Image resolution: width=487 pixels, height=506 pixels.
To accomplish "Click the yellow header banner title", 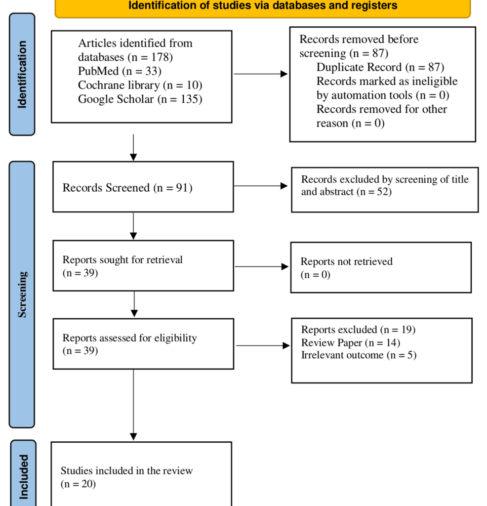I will (262, 6).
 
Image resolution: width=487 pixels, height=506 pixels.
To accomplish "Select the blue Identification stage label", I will (22, 74).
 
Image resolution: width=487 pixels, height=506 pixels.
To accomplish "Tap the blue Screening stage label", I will (22, 295).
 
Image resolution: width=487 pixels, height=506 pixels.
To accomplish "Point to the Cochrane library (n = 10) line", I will (140, 85).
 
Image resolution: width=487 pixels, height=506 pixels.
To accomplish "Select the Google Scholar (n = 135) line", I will (140, 99).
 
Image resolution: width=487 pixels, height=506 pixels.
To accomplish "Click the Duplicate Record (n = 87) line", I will (380, 67).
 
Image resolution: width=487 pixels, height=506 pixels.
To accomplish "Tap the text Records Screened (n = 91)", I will (127, 188).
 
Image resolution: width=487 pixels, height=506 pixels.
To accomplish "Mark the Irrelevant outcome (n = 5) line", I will (359, 355).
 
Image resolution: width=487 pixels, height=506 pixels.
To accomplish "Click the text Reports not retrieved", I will (346, 261).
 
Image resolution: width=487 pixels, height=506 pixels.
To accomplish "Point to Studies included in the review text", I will (126, 470).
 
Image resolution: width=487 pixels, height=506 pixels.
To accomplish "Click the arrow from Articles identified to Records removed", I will (260, 74).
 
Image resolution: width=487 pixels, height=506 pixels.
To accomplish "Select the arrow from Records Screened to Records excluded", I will (260, 186).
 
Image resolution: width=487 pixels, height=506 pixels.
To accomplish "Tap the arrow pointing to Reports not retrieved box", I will (261, 267).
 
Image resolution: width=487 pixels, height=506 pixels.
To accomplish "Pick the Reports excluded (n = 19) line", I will (358, 330).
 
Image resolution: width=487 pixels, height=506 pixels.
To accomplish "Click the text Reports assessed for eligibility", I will (129, 338).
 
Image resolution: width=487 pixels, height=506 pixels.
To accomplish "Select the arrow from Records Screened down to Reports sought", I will (133, 226).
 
